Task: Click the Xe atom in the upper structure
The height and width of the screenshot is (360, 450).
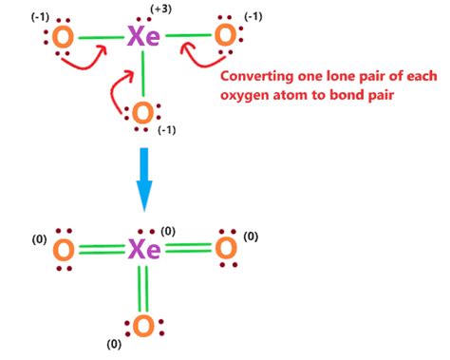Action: point(143,38)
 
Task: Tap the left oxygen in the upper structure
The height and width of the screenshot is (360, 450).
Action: point(63,38)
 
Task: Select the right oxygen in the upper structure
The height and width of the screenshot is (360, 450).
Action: point(225,36)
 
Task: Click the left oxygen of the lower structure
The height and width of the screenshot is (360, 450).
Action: point(63,251)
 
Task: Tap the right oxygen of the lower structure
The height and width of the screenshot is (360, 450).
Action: point(225,251)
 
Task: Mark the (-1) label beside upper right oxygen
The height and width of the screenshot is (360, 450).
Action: point(254,17)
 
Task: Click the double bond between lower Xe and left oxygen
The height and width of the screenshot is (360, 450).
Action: point(102,251)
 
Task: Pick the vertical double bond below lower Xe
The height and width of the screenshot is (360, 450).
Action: point(143,289)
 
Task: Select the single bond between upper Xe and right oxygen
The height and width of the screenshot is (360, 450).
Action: point(186,37)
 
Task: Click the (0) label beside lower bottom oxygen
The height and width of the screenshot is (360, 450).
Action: point(116,344)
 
